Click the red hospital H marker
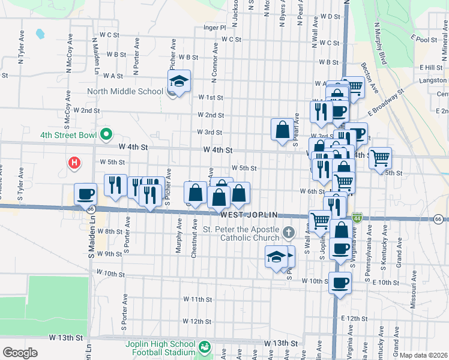(74, 162)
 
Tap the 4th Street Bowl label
(68, 135)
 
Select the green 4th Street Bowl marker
(107, 134)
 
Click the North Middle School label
(125, 92)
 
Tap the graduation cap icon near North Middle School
(179, 80)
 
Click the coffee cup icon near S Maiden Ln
(85, 193)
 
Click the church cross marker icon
(289, 232)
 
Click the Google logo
(19, 353)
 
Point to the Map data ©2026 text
(423, 355)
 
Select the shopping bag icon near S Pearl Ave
(282, 129)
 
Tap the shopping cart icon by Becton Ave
(354, 87)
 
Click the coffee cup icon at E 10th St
(340, 282)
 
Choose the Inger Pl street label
(214, 28)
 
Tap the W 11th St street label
(194, 299)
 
